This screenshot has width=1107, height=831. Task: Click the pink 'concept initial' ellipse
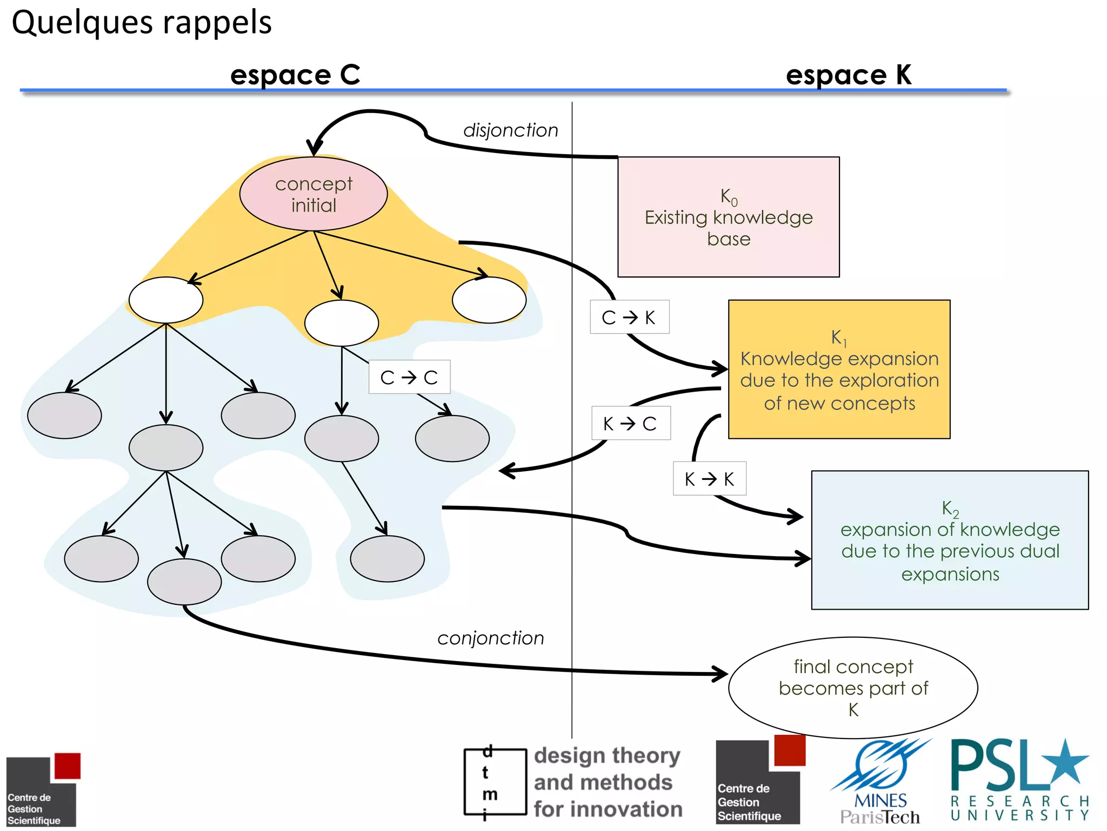click(x=314, y=194)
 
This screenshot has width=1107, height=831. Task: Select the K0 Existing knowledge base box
click(x=728, y=217)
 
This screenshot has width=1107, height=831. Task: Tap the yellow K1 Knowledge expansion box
click(x=839, y=370)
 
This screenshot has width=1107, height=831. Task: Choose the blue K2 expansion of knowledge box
click(x=950, y=540)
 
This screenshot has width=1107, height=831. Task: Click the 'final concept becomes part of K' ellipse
click(x=853, y=688)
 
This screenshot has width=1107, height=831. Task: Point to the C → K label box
click(x=629, y=317)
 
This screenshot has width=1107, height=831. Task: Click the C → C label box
click(x=409, y=377)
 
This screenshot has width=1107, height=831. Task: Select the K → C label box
click(x=631, y=423)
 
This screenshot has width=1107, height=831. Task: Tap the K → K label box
click(x=709, y=479)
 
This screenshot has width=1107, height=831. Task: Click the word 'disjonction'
click(x=510, y=130)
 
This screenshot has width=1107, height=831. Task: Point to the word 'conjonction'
click(x=490, y=638)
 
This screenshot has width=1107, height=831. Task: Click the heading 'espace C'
click(x=295, y=75)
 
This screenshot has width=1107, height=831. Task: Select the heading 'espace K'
click(x=849, y=75)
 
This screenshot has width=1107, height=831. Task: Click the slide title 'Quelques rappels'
click(x=142, y=23)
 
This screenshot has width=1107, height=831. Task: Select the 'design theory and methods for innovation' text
click(x=608, y=782)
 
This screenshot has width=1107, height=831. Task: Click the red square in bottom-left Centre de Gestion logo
click(x=68, y=766)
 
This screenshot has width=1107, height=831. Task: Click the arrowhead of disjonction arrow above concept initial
click(x=314, y=147)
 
